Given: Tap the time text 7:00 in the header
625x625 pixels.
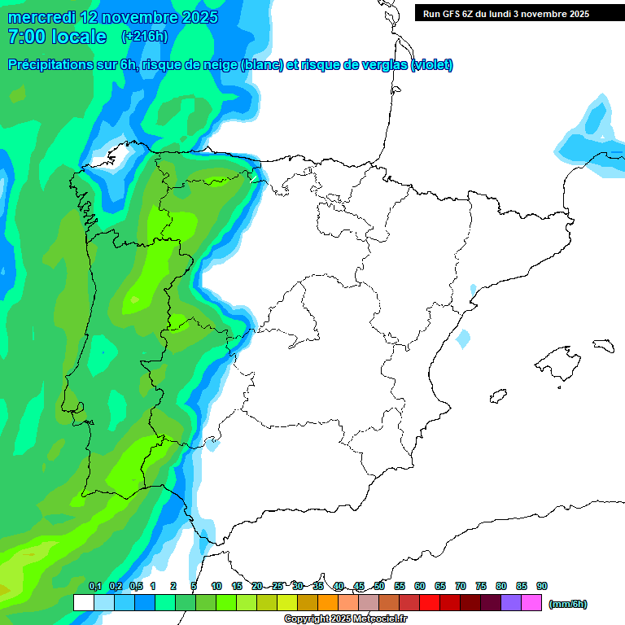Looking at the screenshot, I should pyautogui.click(x=26, y=37).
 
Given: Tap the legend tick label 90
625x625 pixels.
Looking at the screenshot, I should pyautogui.click(x=542, y=586).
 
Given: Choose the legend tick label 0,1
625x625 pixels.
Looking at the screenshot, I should pyautogui.click(x=95, y=586).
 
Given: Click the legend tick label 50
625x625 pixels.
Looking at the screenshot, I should pyautogui.click(x=379, y=586).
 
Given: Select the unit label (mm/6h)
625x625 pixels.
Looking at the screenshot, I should pyautogui.click(x=568, y=604).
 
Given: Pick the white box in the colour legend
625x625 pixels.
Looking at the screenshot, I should pyautogui.click(x=83, y=603).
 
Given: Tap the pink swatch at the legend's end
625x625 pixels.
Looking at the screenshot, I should pyautogui.click(x=531, y=603).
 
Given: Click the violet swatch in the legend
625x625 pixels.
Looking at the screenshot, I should pyautogui.click(x=511, y=603).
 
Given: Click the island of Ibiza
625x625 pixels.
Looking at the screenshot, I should pyautogui.click(x=497, y=397).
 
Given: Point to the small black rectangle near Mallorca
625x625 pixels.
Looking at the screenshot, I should pyautogui.click(x=603, y=346).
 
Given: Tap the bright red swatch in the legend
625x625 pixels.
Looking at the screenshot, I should pyautogui.click(x=430, y=603).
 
